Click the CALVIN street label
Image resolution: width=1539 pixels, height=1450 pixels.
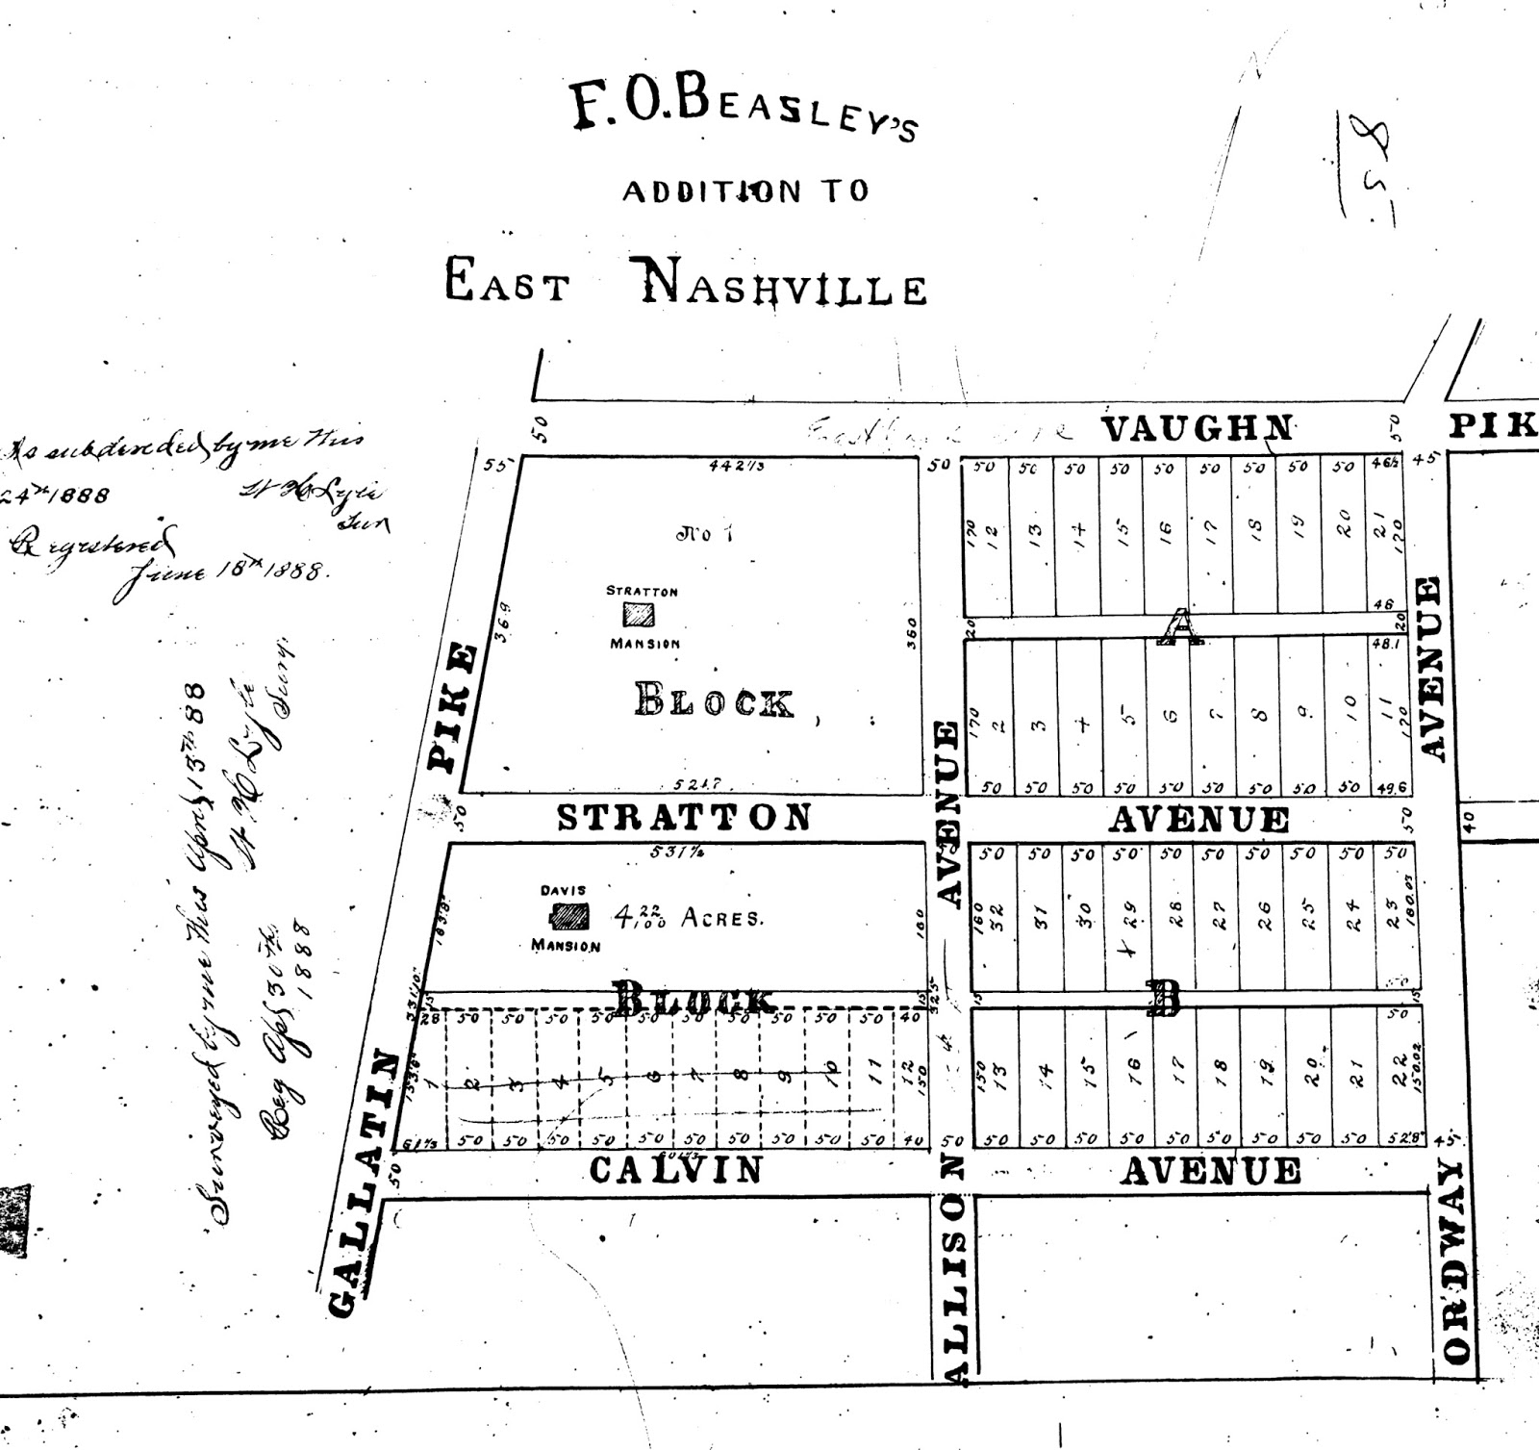675,1170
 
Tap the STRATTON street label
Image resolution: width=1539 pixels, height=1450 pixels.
684,818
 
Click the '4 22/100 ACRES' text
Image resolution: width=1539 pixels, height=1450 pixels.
689,917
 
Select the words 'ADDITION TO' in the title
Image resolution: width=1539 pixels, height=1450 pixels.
745,191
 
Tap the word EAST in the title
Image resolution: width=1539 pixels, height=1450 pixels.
507,284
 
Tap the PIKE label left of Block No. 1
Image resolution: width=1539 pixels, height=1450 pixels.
452,706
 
